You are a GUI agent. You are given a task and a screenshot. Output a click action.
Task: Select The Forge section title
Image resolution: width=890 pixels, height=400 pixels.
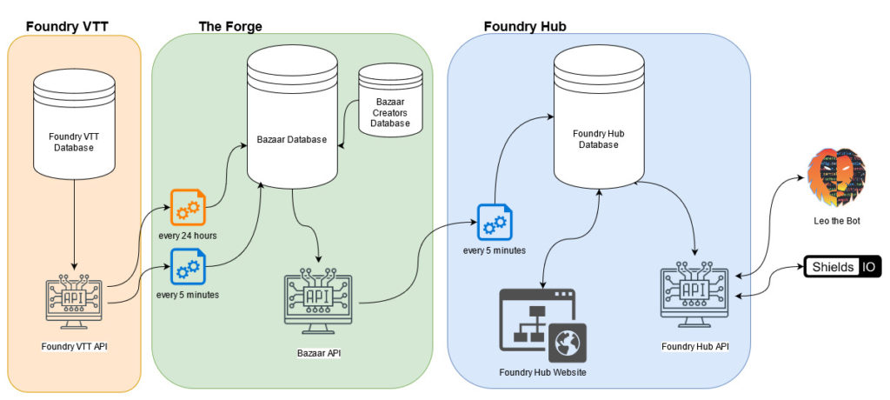click(x=229, y=26)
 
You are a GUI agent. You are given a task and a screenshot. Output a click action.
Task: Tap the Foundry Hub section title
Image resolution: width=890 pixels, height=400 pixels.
click(x=525, y=26)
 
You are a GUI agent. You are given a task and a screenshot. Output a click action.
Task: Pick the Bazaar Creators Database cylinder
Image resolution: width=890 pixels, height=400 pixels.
click(x=391, y=100)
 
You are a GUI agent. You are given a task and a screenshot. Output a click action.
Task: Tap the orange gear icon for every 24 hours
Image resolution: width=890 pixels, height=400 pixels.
click(x=188, y=208)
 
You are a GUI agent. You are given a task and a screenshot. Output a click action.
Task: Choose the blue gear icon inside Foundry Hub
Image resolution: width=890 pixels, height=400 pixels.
click(x=493, y=223)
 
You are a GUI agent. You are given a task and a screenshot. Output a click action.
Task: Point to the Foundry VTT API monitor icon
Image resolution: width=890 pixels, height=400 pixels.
click(x=74, y=300)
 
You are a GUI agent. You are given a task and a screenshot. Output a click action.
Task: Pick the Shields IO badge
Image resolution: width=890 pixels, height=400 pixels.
click(x=842, y=267)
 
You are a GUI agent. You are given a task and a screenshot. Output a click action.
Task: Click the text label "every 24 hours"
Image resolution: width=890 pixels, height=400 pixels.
click(x=187, y=236)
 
